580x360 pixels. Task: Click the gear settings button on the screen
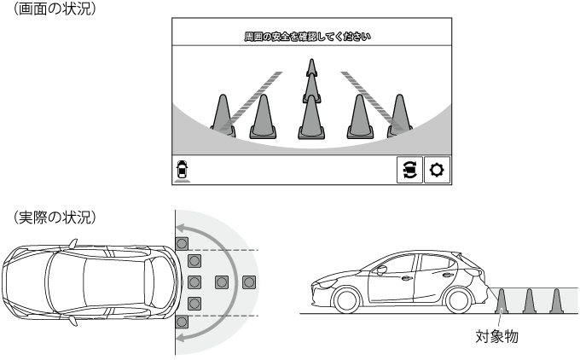coord(437,170)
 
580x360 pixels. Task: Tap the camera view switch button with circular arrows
coord(409,170)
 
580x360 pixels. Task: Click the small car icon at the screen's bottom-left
coord(182,171)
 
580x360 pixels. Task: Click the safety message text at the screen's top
coord(307,37)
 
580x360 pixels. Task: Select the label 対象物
coord(496,336)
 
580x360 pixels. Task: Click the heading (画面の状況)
coord(55,9)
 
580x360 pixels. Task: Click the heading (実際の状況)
coord(55,218)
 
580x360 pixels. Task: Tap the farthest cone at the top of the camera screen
coord(312,67)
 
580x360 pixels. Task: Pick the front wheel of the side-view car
coord(347,299)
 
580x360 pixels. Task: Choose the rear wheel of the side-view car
coord(458,299)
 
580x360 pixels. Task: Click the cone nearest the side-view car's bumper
coord(502,301)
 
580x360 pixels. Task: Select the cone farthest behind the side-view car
coord(556,301)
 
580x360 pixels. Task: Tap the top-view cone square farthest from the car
coord(249,282)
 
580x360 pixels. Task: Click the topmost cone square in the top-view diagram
coord(182,243)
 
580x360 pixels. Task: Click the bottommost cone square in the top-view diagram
coord(182,322)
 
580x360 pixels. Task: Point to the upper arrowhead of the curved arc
coord(181,227)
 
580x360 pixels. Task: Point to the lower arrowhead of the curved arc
coord(181,337)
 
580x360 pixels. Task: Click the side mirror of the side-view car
coord(380,270)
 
